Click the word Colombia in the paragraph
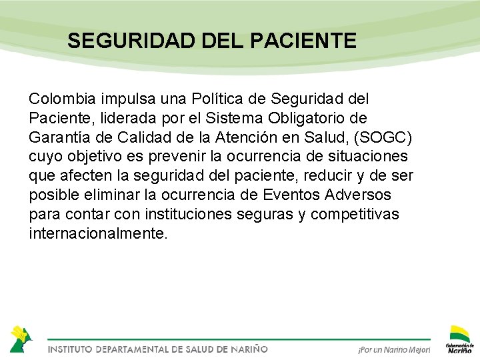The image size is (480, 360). [63, 99]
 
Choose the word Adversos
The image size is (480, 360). [365, 196]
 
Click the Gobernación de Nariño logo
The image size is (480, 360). [460, 339]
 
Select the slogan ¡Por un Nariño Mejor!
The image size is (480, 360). [394, 349]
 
